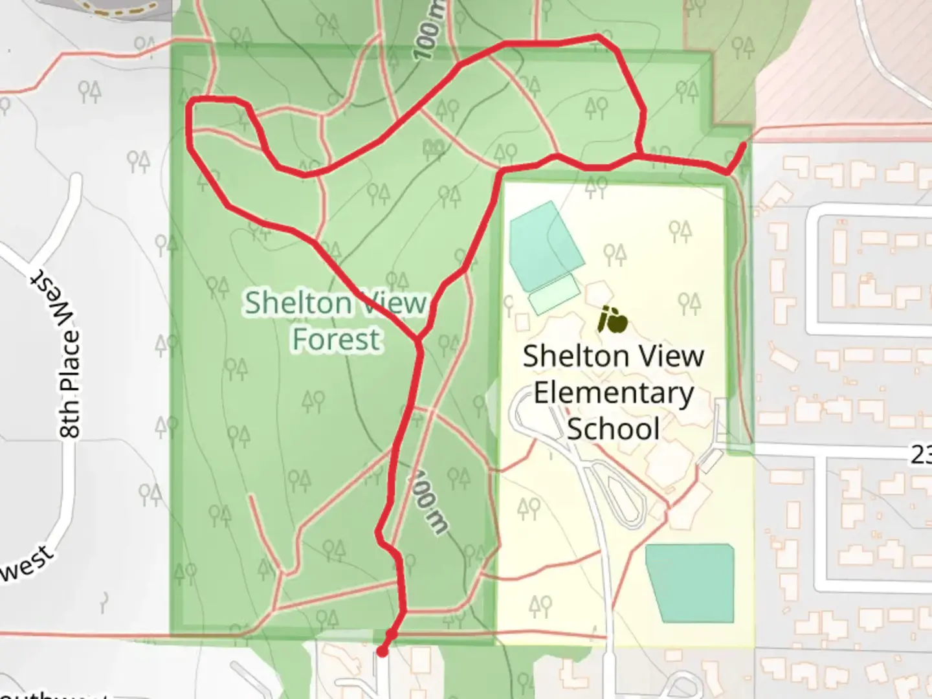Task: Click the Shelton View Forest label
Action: coord(336,321)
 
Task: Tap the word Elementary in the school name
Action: coord(613,393)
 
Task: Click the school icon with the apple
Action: coord(612,320)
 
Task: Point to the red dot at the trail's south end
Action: coord(383,652)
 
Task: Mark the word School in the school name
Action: coord(613,429)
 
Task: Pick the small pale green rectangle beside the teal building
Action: coord(553,294)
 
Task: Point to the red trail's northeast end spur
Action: coord(742,147)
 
